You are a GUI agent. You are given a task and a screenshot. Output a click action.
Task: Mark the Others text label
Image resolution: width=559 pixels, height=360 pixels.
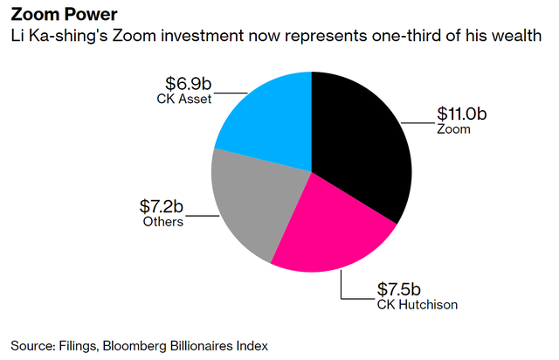click(162, 222)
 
